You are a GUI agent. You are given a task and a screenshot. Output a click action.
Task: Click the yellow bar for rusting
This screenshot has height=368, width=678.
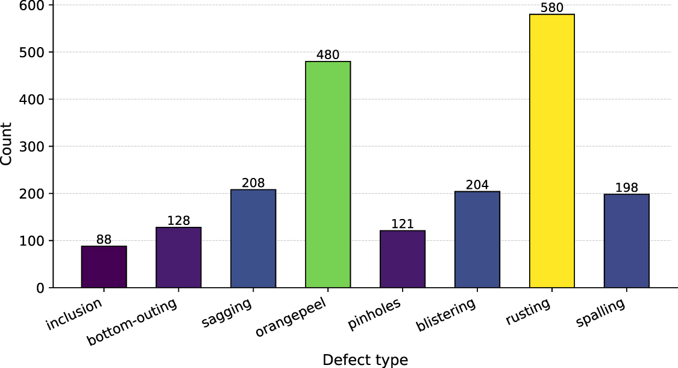point(551,151)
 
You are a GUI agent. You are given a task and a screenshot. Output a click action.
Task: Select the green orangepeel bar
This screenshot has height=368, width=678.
point(327,174)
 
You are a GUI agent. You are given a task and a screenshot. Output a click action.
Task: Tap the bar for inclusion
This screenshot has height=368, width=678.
point(104,267)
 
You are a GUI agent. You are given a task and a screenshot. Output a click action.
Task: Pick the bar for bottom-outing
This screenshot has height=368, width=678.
point(178,257)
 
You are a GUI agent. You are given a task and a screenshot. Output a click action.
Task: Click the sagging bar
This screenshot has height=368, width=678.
point(253,238)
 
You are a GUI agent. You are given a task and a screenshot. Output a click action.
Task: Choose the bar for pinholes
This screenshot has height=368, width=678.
point(403,259)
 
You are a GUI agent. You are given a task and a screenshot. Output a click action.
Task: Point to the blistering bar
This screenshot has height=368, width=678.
point(477,240)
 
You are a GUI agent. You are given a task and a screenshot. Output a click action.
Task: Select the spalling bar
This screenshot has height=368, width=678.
point(626,241)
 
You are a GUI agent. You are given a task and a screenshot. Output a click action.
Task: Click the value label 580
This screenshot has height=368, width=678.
point(551,8)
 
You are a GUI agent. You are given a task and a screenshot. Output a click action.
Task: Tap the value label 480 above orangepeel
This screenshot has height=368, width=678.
point(327,55)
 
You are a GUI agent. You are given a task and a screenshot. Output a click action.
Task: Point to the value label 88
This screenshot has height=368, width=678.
point(104,240)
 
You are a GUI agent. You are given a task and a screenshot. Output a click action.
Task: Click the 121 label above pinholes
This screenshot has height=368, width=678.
point(403,224)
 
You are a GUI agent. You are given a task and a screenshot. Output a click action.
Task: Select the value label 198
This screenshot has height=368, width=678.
point(626,188)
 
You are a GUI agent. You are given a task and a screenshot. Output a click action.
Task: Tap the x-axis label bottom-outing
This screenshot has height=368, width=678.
point(133,323)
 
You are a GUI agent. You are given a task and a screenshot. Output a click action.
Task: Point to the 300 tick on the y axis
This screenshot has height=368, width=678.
point(36,147)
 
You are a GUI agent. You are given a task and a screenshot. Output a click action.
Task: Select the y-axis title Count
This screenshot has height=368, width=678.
point(7,144)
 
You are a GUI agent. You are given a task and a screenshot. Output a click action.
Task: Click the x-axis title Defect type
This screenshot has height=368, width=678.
point(365,360)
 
